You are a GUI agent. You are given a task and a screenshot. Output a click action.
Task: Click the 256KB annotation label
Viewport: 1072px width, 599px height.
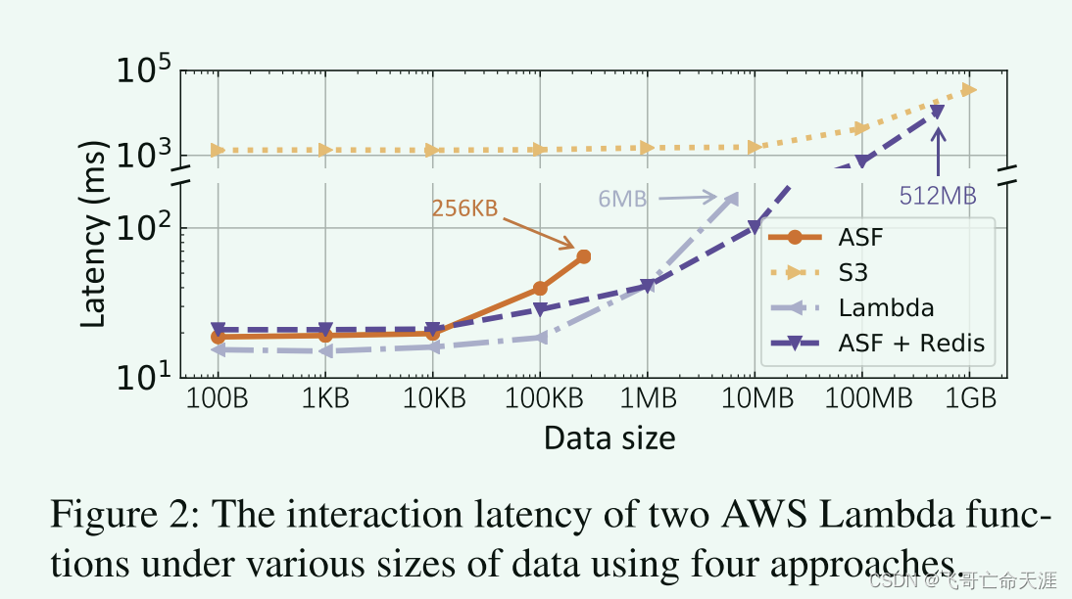[x=464, y=208]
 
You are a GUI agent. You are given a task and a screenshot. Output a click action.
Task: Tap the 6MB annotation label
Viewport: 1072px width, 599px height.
[x=622, y=199]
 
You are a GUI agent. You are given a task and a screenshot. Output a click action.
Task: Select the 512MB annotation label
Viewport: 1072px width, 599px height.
[x=937, y=196]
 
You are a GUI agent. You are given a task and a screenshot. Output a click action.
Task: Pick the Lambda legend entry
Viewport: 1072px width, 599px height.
[x=886, y=308]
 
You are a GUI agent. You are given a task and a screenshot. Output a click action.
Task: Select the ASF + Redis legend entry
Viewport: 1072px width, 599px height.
[x=910, y=344]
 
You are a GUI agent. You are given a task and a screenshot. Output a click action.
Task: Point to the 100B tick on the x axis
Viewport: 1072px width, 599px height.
[x=218, y=399]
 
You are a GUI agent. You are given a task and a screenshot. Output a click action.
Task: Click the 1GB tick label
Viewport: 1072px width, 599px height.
[x=968, y=399]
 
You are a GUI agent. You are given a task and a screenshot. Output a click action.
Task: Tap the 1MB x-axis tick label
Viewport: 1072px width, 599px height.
[x=647, y=399]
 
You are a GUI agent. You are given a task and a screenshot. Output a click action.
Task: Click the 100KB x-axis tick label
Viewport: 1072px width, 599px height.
[x=539, y=399]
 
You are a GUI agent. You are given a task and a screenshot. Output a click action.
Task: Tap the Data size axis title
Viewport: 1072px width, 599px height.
[x=609, y=438]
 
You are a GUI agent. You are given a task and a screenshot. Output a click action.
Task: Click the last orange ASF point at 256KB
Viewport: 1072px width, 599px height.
[x=583, y=256]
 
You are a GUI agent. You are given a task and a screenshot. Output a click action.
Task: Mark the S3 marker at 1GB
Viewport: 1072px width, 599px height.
[x=969, y=90]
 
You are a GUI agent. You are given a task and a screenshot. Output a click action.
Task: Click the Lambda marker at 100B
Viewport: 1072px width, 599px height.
[x=218, y=349]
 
